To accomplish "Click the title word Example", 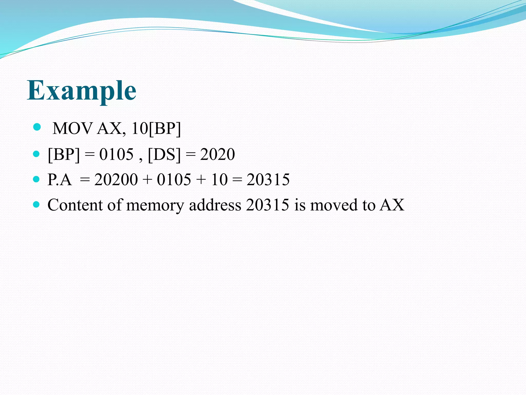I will coord(82,91).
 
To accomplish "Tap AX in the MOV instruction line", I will coord(109,128).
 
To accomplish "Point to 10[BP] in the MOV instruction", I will coord(156,128).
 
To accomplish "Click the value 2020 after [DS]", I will coord(217,154).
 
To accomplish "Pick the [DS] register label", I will coord(164,154).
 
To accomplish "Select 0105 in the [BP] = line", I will coord(116,154).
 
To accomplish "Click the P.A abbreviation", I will coord(59,179).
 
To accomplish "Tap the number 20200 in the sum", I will coord(116,179).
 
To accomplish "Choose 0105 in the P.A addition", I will coord(174,179).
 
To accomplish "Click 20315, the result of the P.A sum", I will coord(268,179).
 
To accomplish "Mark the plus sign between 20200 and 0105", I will coord(147,179).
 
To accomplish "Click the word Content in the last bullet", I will coord(75,205).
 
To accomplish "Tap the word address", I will coord(215,205).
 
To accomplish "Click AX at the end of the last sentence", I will coord(392,205).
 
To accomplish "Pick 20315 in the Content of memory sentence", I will coord(267,205).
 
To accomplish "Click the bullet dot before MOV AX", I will coord(37,127).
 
